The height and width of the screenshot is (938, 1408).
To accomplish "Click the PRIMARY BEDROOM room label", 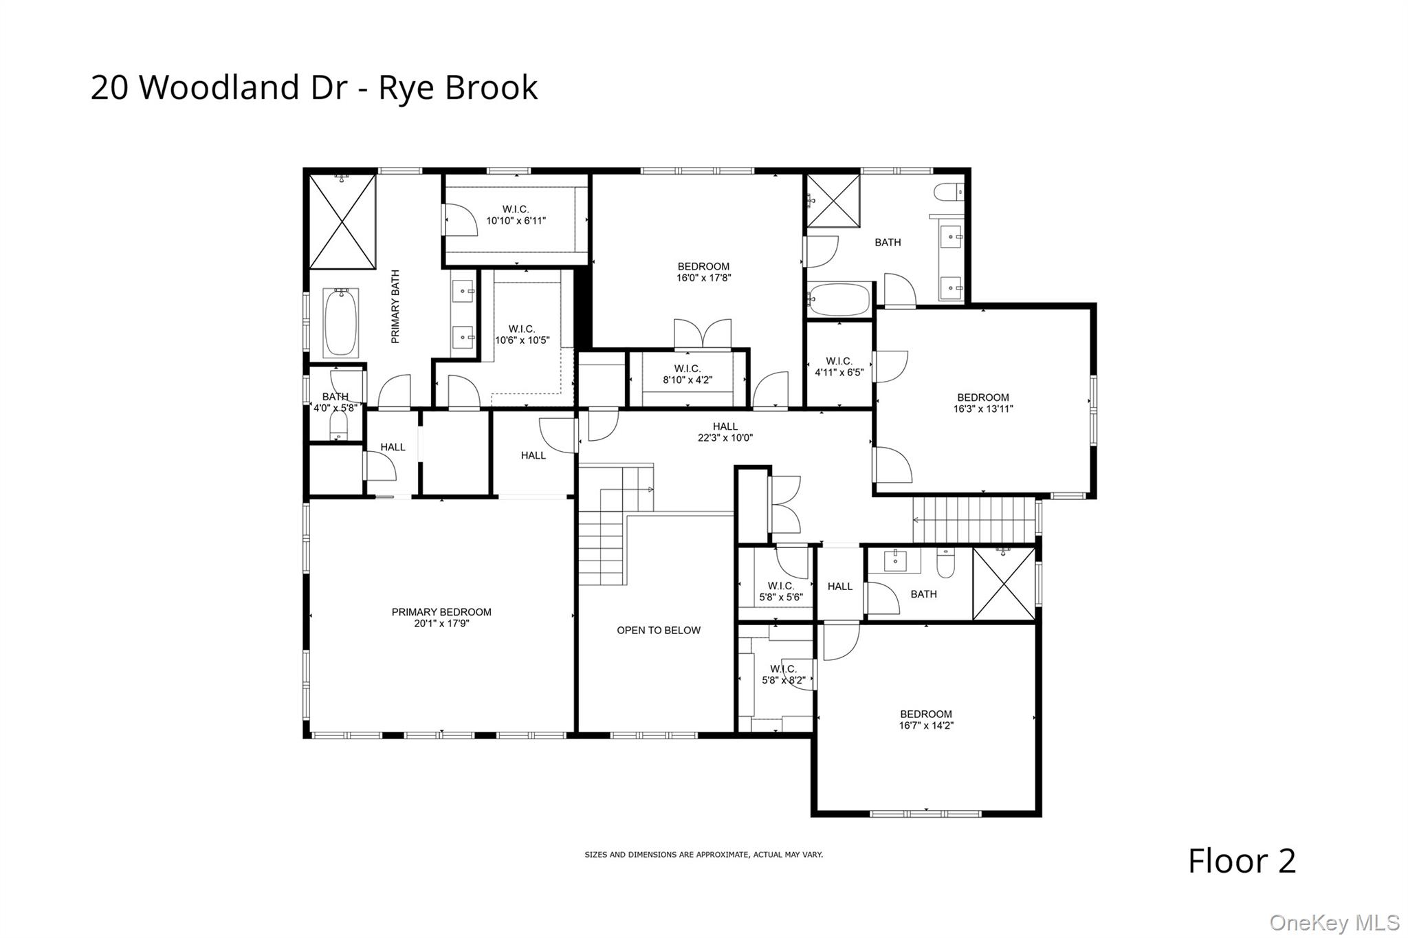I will coord(441,612).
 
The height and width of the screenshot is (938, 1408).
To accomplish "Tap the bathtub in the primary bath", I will coord(340,323).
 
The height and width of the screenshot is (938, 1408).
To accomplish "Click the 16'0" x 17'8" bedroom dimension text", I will coord(703,279).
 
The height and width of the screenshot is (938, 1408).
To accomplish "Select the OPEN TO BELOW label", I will coord(659,630).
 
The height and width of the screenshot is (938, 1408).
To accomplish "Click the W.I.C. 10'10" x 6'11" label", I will coord(516,215).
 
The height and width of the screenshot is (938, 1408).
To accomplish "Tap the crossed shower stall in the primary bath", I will coord(342,221).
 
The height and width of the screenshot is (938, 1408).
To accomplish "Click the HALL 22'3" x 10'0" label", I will coord(725,432).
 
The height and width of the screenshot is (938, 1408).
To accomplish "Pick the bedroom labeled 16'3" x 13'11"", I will coord(983,403).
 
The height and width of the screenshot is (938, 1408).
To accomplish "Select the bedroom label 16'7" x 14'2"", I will coord(926,719).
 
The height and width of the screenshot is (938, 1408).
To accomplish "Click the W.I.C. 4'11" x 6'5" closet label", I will coord(839,367).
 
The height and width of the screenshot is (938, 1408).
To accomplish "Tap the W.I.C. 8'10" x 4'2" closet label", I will coord(687,374).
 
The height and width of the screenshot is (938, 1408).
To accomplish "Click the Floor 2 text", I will coord(1242,861).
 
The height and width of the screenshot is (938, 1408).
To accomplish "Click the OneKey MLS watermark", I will coord(1334,922).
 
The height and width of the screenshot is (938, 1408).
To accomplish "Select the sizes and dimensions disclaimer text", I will coord(703,855).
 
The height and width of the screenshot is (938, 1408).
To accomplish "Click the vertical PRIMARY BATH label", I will coord(395,307).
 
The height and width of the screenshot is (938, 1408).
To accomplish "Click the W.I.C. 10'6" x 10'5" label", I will coord(522,334).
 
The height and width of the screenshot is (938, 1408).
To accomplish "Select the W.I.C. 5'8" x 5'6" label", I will coord(780,591).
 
